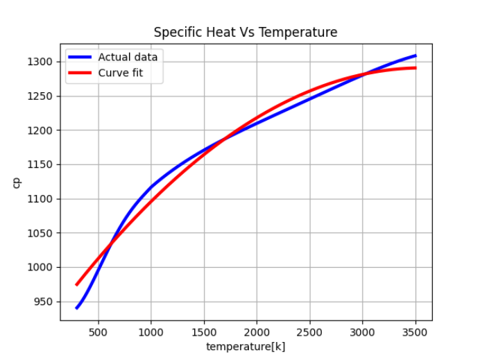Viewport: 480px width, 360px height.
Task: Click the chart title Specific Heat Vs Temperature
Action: point(246,33)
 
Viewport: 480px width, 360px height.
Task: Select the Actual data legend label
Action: point(128,57)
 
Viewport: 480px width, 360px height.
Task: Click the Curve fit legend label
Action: point(121,72)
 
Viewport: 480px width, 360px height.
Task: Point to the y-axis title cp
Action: point(17,182)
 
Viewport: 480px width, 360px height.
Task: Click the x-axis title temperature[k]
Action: point(246,347)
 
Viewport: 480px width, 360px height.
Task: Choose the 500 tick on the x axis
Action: point(98,331)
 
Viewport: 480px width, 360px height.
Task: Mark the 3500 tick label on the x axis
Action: point(415,331)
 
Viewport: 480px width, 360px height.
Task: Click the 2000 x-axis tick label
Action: point(257,331)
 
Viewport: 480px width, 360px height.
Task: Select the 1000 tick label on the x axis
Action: point(151,331)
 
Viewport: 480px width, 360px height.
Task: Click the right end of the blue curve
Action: point(415,55)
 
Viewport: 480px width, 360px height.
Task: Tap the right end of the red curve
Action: point(415,68)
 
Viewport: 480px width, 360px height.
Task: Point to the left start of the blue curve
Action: point(77,307)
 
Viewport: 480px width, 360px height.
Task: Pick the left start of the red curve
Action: point(77,284)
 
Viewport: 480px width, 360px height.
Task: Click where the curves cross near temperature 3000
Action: point(363,74)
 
